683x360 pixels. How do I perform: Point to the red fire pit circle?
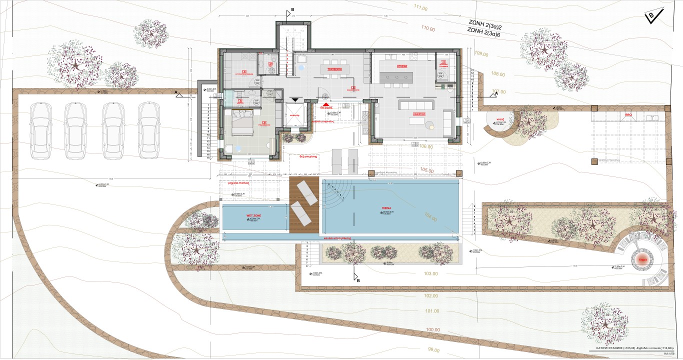click(643, 259)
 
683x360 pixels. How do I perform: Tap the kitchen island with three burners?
click(396, 77)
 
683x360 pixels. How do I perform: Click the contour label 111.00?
click(420, 8)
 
